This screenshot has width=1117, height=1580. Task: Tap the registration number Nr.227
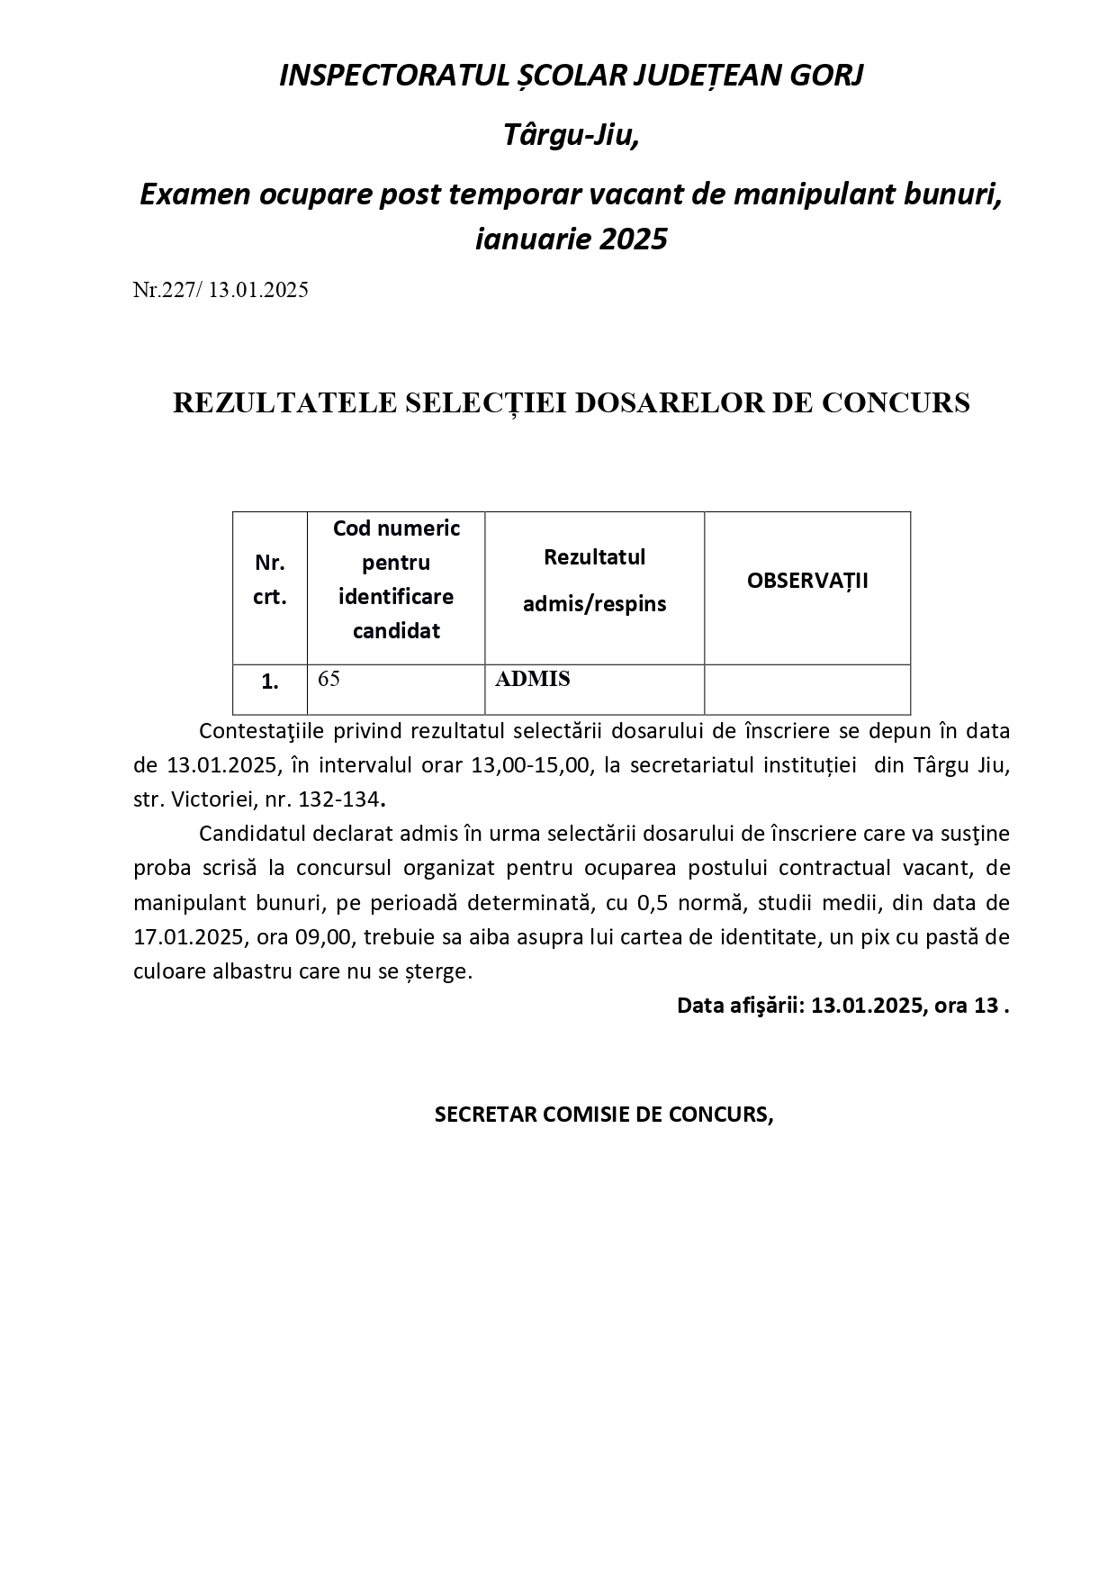(x=168, y=290)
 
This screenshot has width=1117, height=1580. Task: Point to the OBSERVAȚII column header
(x=807, y=581)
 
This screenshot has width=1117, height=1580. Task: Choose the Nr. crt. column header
(x=270, y=580)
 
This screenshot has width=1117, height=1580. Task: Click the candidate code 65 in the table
(x=329, y=679)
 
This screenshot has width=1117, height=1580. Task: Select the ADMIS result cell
(x=533, y=679)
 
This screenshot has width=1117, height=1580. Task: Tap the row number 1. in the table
(x=270, y=682)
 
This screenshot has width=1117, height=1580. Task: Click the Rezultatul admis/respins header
(x=594, y=581)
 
